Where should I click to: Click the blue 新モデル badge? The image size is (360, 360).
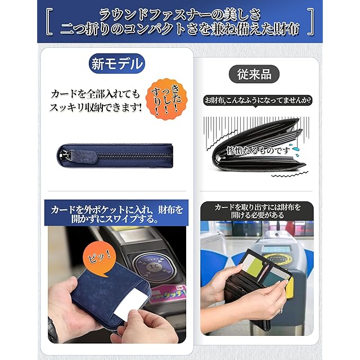[x=117, y=64]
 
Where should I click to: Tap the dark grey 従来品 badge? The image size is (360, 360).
[x=254, y=74]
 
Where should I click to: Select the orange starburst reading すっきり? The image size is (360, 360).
[x=166, y=100]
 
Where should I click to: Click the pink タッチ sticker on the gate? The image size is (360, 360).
[x=169, y=294]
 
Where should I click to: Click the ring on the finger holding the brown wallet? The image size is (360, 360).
[x=281, y=310]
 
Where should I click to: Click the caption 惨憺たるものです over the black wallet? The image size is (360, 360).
[x=259, y=151]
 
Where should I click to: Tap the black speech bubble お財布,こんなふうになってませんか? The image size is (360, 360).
[x=258, y=101]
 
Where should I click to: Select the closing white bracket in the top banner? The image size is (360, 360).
[x=310, y=22]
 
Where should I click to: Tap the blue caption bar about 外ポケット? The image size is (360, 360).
[x=116, y=213]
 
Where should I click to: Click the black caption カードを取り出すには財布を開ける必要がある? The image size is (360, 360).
[x=257, y=211]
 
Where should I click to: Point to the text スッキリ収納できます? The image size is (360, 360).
[x=96, y=107]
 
